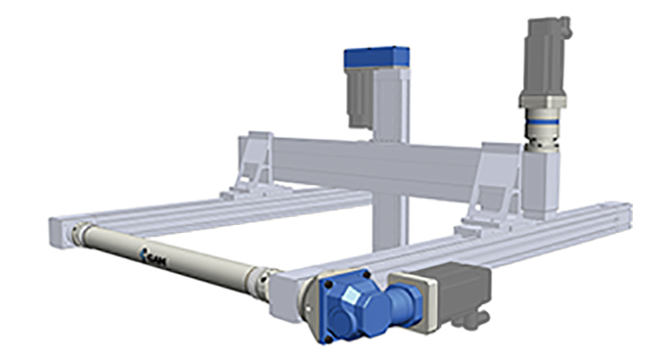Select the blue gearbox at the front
pyautogui.click(x=360, y=306)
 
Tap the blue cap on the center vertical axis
pyautogui.click(x=376, y=58)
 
